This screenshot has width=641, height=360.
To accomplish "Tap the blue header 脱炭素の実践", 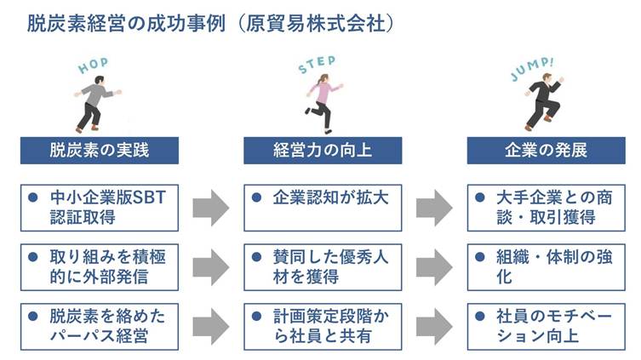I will [99, 151].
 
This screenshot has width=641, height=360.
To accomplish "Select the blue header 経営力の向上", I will [322, 151].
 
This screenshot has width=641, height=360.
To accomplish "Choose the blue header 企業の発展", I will [544, 151].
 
